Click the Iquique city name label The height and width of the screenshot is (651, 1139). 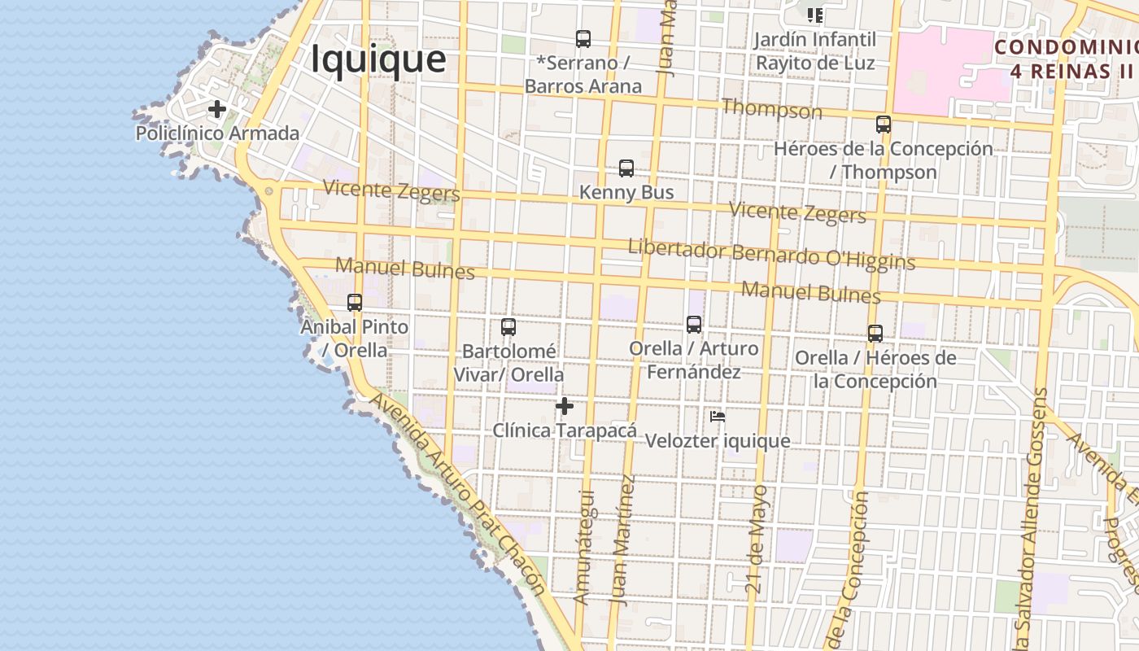pos(378,59)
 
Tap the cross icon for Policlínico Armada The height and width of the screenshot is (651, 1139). pos(216,109)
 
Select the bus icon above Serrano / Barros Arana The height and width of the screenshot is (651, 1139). pos(583,38)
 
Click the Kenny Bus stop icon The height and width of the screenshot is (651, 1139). pos(626,168)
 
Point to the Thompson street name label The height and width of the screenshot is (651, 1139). pos(771,109)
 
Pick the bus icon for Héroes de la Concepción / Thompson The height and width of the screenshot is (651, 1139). pos(884,125)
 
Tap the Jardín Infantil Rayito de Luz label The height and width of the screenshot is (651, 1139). pos(815,51)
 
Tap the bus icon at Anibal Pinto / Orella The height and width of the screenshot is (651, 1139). pos(355,303)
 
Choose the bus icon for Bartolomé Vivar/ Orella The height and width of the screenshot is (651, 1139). pos(508,327)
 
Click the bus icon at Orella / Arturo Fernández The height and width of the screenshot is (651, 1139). pos(694,324)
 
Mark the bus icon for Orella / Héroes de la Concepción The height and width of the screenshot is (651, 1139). pos(875,334)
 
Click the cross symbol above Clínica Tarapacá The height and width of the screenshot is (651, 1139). pos(565,406)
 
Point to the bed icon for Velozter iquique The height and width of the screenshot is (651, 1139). pos(718,417)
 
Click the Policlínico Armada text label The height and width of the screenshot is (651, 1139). pos(217,133)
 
